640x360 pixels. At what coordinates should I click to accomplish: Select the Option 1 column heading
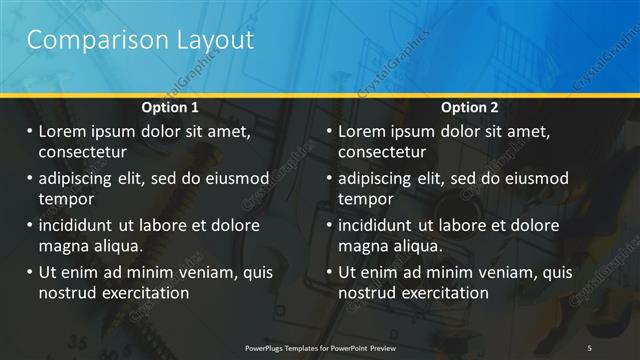pyautogui.click(x=170, y=107)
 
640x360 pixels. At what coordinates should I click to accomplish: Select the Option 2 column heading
pyautogui.click(x=469, y=107)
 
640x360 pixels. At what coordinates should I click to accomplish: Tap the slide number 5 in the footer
pyautogui.click(x=590, y=346)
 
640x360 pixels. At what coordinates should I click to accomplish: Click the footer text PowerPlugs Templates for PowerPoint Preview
pyautogui.click(x=320, y=346)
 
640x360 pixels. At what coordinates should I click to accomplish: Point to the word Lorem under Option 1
pyautogui.click(x=63, y=131)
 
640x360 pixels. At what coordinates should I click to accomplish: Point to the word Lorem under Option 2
pyautogui.click(x=363, y=131)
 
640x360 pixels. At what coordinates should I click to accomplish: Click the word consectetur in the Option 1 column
pyautogui.click(x=82, y=153)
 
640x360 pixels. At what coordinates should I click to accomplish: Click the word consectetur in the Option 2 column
pyautogui.click(x=382, y=153)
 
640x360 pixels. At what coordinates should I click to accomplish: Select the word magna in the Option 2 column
pyautogui.click(x=361, y=246)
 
